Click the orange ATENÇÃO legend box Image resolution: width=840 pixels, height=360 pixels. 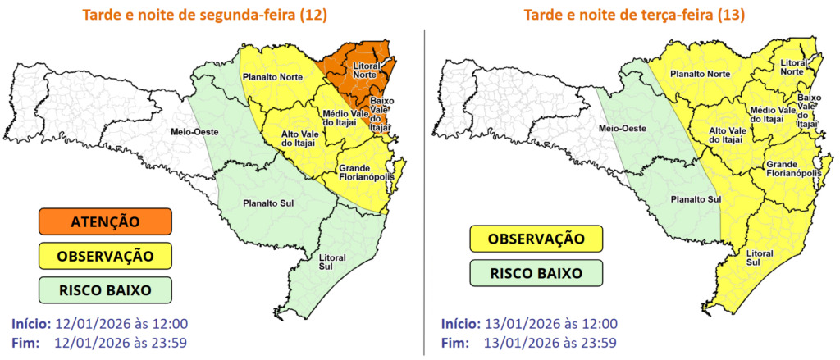[104, 221]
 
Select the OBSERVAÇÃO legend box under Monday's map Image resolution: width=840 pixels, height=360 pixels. [104, 256]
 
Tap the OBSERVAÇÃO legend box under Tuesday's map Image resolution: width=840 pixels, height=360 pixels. [536, 239]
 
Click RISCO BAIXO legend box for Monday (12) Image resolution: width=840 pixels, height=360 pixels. [104, 289]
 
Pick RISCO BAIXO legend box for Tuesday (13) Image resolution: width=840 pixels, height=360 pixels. [536, 273]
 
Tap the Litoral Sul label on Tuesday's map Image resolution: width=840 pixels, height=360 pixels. [759, 258]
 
